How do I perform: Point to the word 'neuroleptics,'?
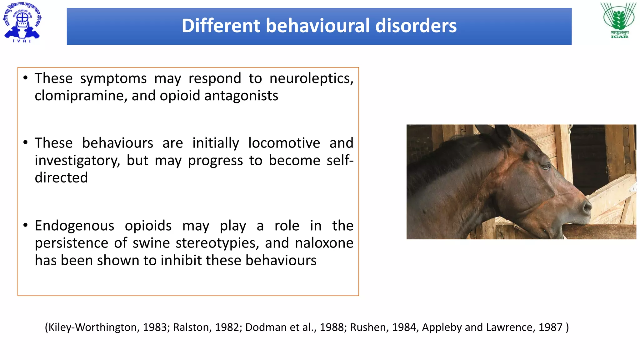click(x=311, y=78)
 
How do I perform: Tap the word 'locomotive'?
click(x=284, y=143)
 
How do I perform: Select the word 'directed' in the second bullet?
click(x=61, y=178)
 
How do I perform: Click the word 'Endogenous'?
click(x=74, y=226)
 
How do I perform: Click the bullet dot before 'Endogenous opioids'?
click(x=26, y=225)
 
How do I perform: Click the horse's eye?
click(x=546, y=166)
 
